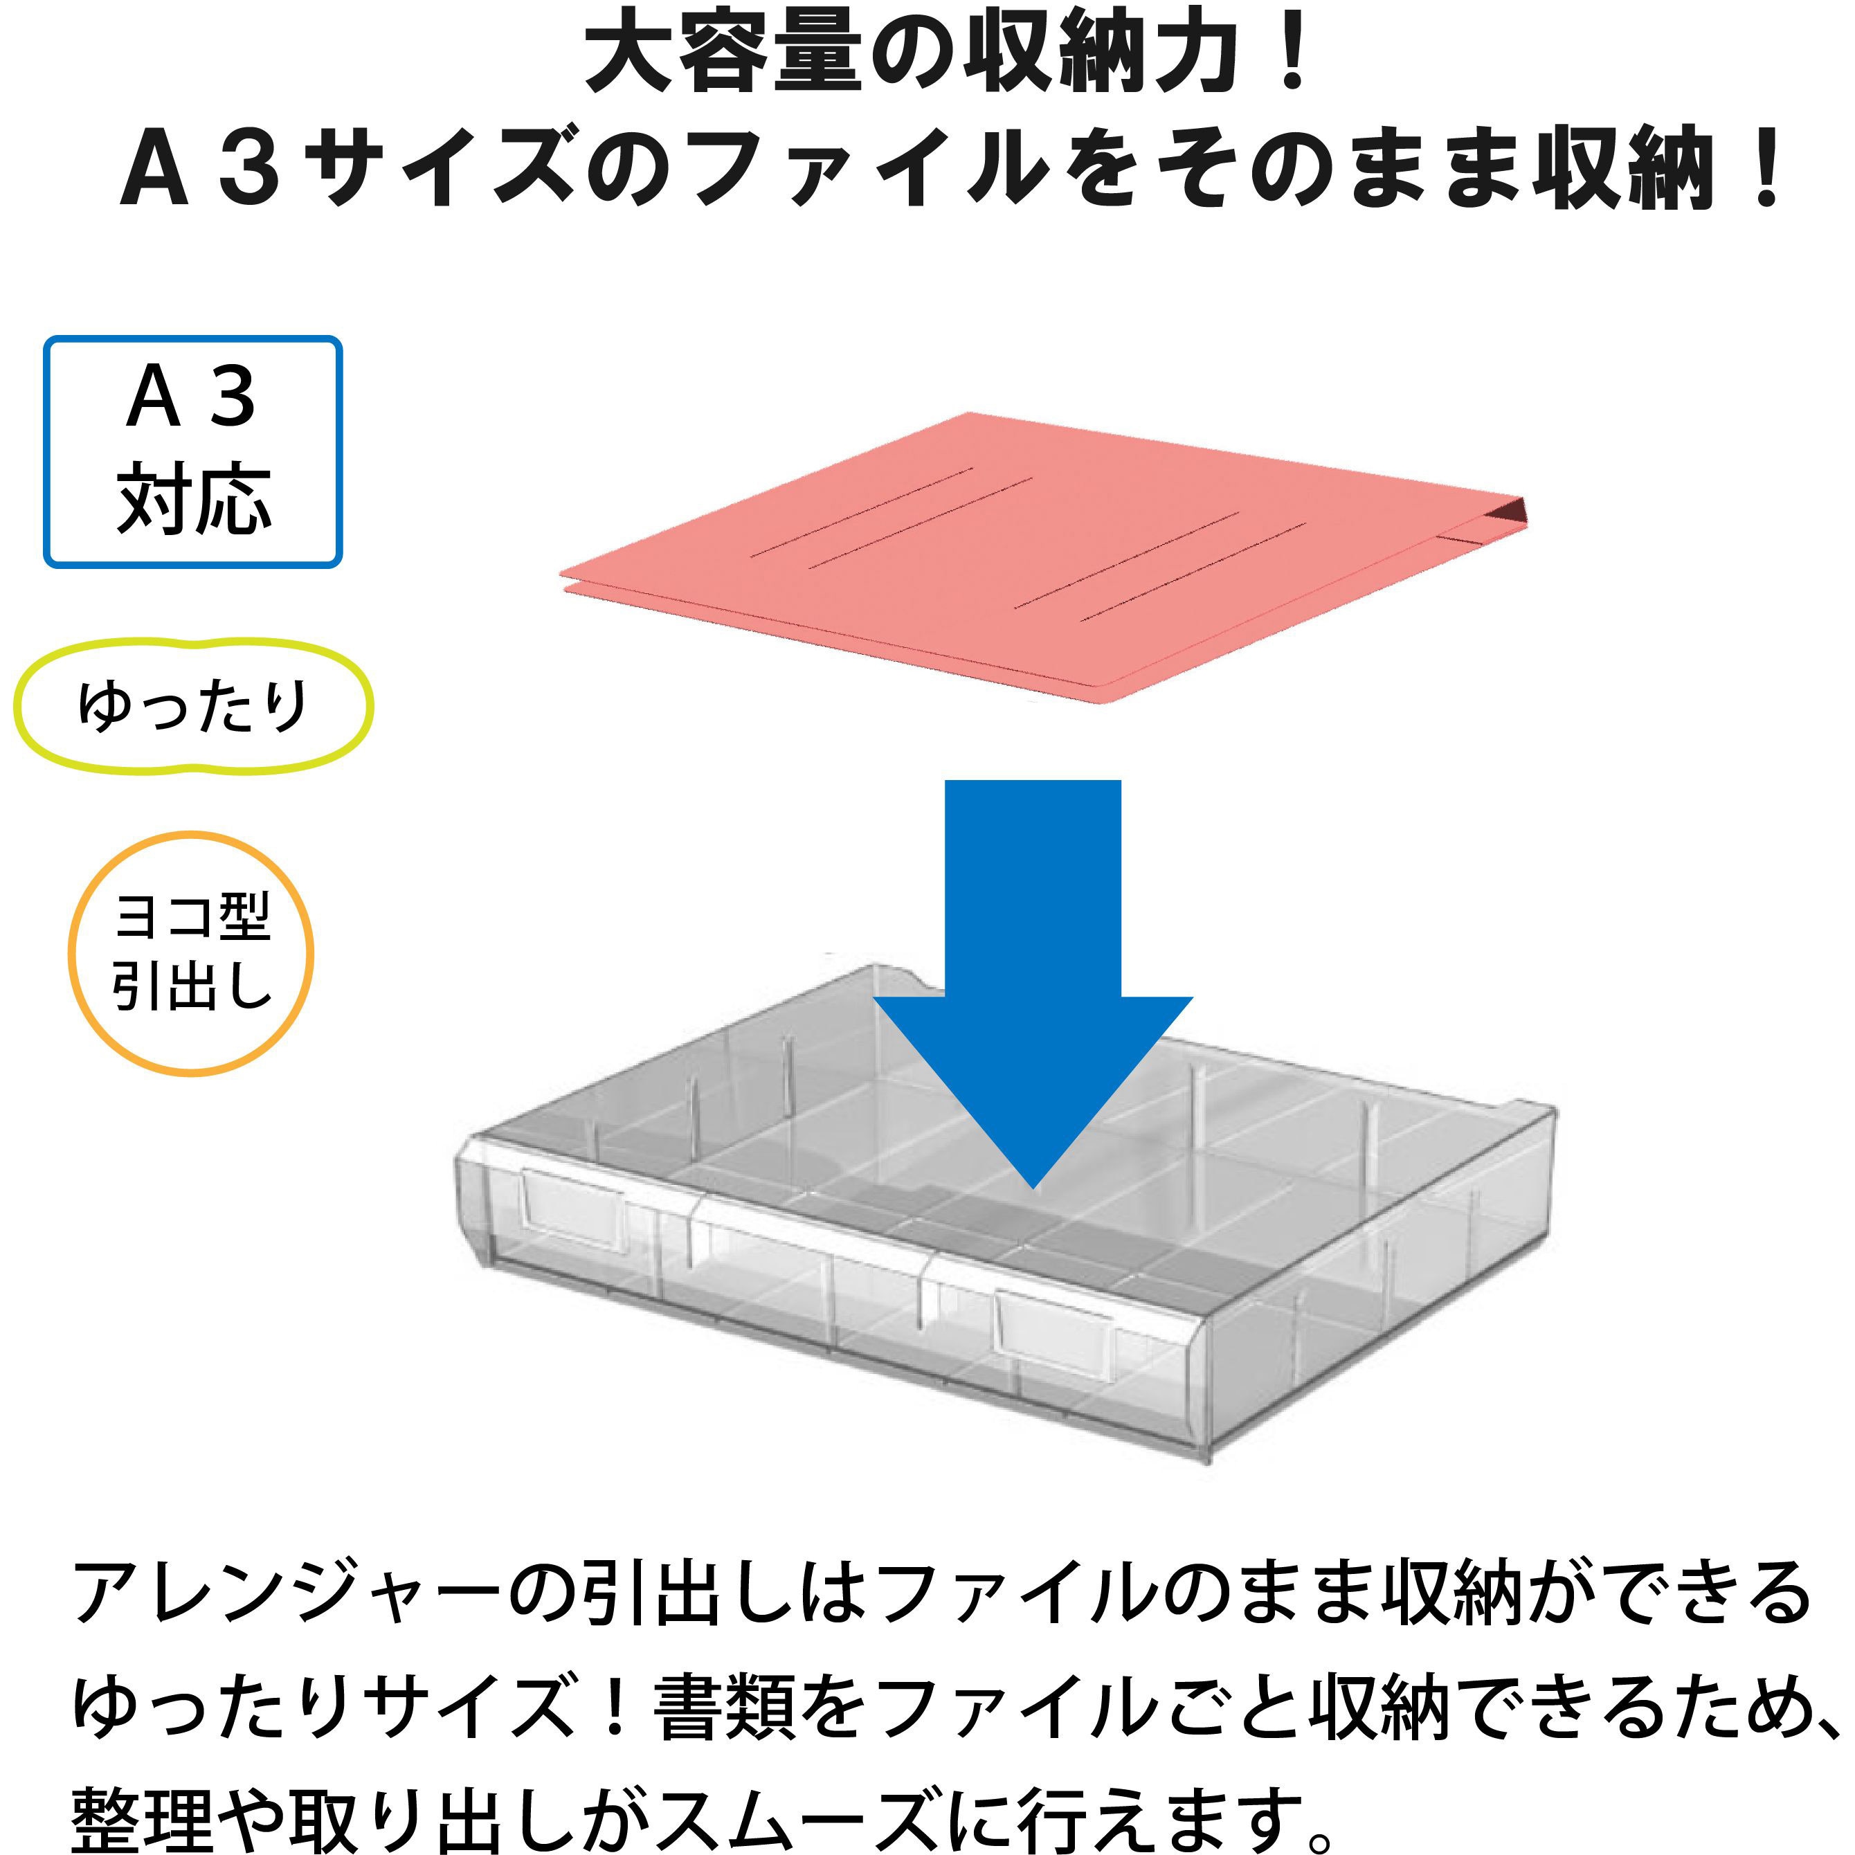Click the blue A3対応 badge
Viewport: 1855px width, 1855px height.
coord(193,451)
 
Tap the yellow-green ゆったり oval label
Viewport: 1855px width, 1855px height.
coord(193,707)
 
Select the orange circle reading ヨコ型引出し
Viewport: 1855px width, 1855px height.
coord(191,953)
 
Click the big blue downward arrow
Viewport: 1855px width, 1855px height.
coord(1033,984)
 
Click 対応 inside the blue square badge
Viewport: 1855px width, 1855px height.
coord(194,498)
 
